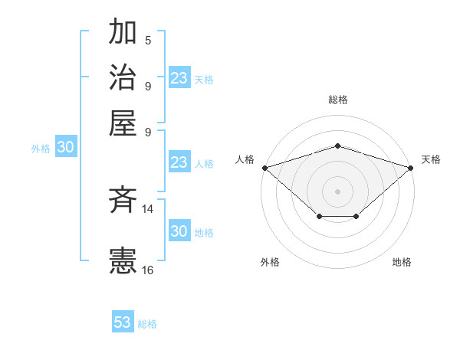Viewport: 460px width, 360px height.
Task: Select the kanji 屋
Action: [123, 123]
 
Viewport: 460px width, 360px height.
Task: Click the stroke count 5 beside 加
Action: [148, 41]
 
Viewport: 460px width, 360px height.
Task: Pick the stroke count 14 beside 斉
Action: [148, 208]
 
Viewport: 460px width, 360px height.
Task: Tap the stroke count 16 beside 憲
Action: [148, 270]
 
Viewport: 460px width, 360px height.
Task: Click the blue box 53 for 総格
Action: [123, 322]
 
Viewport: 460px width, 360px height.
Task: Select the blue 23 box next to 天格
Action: [179, 78]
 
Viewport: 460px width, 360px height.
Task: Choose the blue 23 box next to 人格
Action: [179, 162]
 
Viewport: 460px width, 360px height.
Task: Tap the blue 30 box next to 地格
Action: [179, 231]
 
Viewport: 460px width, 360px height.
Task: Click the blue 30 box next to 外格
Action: [64, 148]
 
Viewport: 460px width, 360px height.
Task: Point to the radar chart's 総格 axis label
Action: [337, 100]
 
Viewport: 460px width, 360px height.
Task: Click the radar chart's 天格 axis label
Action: [431, 159]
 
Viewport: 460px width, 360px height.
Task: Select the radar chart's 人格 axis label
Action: [245, 159]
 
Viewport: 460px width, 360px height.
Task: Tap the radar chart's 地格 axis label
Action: [402, 262]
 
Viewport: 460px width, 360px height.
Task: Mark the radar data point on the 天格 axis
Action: [411, 167]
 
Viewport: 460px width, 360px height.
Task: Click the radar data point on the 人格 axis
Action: [264, 167]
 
